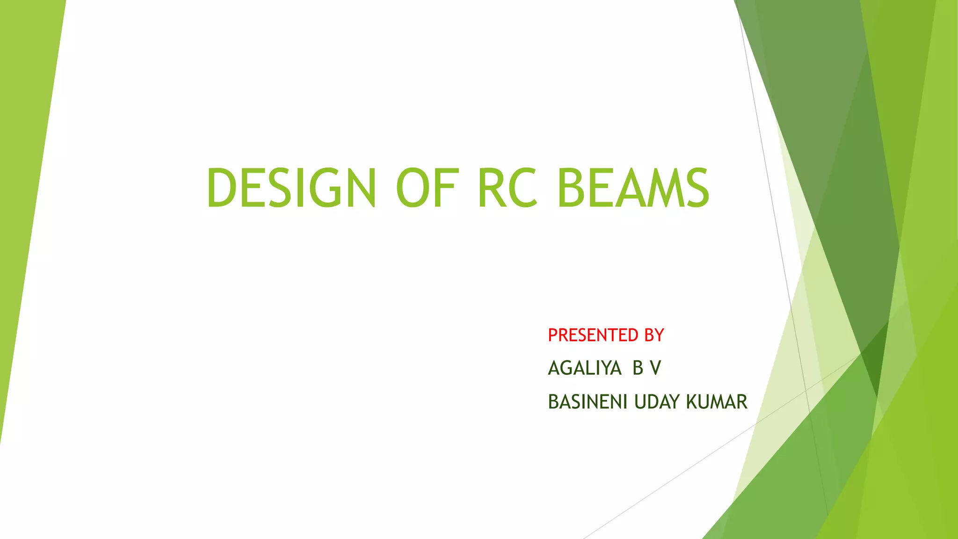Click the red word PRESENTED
pyautogui.click(x=593, y=335)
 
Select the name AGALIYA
pyautogui.click(x=584, y=368)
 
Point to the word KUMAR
pyautogui.click(x=717, y=402)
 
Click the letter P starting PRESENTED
pyautogui.click(x=552, y=335)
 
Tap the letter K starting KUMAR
pyautogui.click(x=691, y=402)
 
